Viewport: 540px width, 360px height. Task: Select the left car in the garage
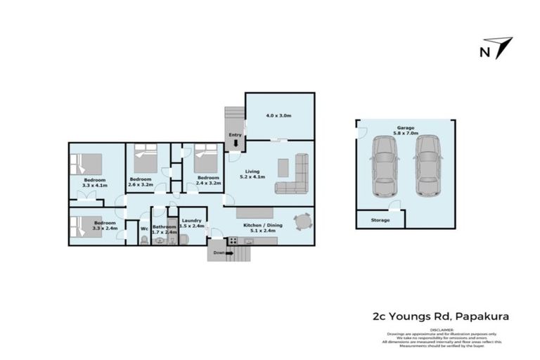(x=385, y=165)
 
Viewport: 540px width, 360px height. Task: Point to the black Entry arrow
(x=235, y=145)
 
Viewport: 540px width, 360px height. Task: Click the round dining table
(x=302, y=222)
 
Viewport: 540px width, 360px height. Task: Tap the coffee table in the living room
(x=283, y=167)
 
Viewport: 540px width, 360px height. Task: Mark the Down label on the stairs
(x=219, y=252)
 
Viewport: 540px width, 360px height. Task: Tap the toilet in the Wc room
(x=144, y=240)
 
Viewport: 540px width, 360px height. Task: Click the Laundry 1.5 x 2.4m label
(x=191, y=224)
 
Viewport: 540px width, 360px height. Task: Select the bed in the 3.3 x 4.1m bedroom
(x=88, y=166)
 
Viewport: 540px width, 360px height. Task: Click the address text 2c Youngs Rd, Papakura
(x=440, y=317)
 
